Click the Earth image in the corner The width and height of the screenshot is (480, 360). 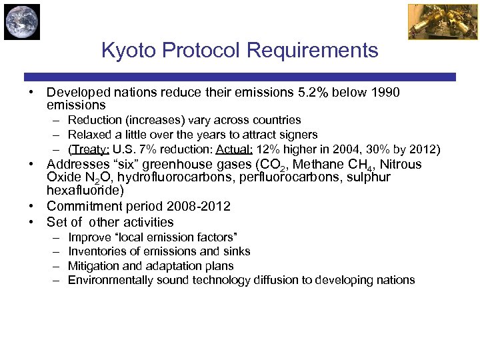click(22, 21)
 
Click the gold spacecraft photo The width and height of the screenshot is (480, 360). click(433, 21)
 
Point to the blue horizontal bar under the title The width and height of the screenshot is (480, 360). click(240, 77)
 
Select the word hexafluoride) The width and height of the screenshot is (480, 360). click(85, 191)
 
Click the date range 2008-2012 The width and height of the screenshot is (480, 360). click(198, 207)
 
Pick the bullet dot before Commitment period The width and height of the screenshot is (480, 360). click(31, 207)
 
